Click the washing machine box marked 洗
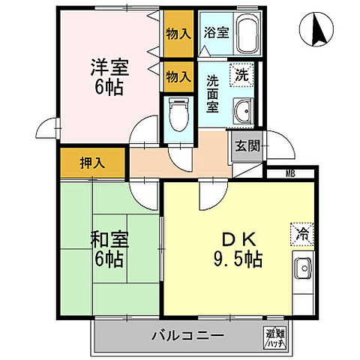pyautogui.click(x=244, y=75)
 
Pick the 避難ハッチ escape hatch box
pyautogui.click(x=274, y=337)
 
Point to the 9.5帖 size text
pyautogui.click(x=237, y=261)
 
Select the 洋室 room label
pyautogui.click(x=109, y=65)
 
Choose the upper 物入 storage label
pyautogui.click(x=178, y=34)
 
